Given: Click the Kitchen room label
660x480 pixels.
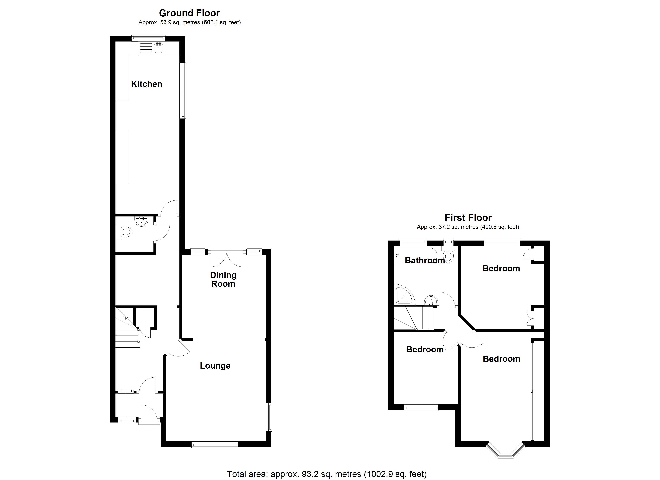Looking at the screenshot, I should (x=146, y=84).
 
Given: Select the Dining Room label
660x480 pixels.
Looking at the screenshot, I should (x=223, y=279).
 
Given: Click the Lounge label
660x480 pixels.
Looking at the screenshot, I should (x=215, y=366).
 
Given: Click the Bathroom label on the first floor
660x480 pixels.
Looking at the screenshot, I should (x=425, y=260).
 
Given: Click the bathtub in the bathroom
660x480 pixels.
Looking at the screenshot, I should (x=416, y=256).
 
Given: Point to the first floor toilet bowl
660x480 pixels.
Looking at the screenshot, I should (x=448, y=256).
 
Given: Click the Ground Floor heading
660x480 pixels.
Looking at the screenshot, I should (x=189, y=13).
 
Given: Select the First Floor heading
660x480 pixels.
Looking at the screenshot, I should (x=468, y=218).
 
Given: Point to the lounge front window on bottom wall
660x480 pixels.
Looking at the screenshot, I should (x=215, y=444).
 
